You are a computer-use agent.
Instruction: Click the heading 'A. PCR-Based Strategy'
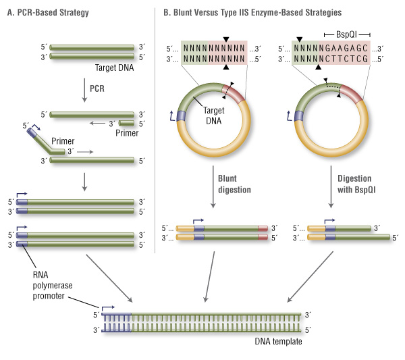[48, 13]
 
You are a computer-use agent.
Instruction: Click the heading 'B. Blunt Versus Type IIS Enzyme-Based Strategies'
[252, 13]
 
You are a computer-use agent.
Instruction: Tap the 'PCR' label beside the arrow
[97, 88]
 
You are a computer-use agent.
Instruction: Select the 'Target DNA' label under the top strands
[115, 68]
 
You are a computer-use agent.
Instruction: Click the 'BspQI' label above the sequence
[346, 34]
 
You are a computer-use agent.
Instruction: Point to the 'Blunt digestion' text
[234, 184]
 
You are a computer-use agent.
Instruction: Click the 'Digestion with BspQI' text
[356, 184]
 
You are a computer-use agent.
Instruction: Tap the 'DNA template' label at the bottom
[278, 341]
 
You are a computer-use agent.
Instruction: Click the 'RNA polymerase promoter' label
[53, 285]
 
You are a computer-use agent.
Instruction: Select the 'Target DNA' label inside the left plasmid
[213, 115]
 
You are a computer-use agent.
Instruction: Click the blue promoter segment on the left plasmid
[181, 116]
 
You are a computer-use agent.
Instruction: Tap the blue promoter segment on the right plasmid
[299, 115]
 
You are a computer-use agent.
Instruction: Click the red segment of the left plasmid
[234, 93]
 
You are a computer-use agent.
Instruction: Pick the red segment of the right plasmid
[352, 93]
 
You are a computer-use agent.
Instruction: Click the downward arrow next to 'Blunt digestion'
[213, 187]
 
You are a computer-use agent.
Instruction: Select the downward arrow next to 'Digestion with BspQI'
[331, 187]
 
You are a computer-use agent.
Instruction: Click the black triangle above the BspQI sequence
[299, 40]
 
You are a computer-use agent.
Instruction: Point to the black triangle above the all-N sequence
[226, 40]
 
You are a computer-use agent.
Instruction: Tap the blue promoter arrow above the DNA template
[108, 309]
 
